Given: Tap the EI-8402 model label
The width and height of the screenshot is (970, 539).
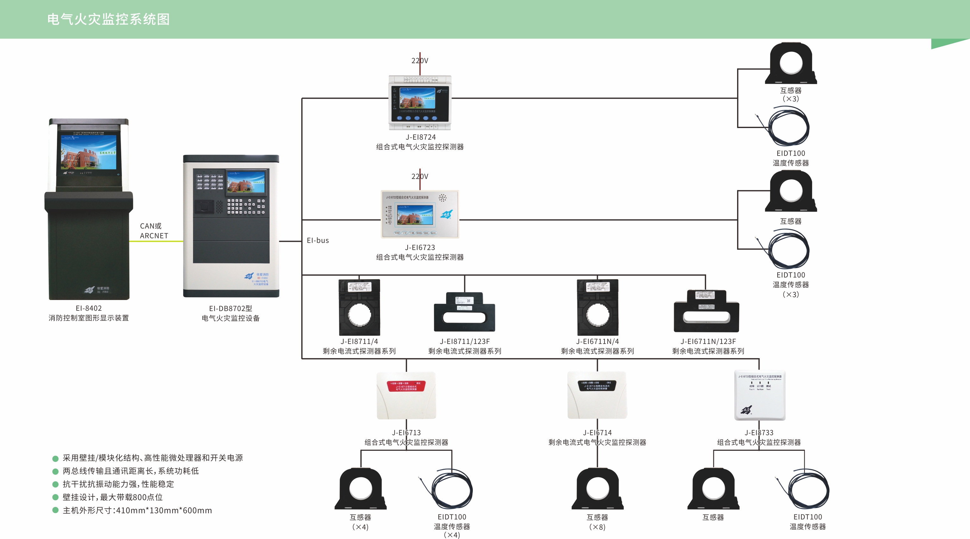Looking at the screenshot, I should coord(89,308).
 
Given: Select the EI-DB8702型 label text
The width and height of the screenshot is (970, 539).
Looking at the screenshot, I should coord(230,309).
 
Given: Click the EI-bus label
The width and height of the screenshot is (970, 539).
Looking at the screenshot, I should coord(317,240).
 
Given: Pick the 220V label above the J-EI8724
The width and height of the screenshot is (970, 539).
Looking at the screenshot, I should coord(419,61).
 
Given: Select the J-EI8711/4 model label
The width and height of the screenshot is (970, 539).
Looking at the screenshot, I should coord(359,341).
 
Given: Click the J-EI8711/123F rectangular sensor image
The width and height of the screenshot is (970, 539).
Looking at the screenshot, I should coord(464,312).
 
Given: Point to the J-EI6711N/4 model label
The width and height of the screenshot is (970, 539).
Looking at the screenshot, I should coord(597,341).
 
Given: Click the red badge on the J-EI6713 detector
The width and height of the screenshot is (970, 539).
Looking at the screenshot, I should coord(406,386).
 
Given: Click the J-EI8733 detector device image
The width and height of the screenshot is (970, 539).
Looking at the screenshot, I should coord(760,395).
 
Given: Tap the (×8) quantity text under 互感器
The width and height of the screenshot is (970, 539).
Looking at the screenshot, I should coord(597,527).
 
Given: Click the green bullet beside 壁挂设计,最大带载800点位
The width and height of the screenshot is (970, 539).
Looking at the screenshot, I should coord(55,497).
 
